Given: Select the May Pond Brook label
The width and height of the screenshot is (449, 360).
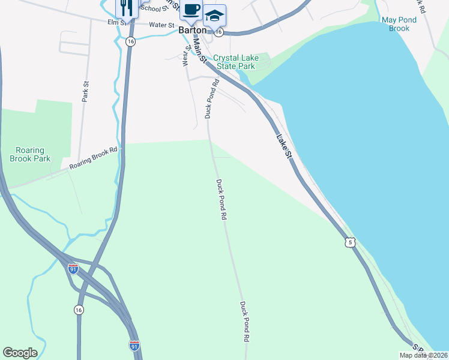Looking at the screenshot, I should click(x=399, y=24).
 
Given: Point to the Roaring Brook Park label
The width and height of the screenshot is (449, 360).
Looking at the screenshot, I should click(x=30, y=154).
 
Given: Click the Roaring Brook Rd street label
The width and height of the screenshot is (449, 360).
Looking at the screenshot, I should click(x=95, y=157).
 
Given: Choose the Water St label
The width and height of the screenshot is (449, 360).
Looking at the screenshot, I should click(x=161, y=26).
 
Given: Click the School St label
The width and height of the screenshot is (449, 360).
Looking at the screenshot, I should click(x=153, y=8).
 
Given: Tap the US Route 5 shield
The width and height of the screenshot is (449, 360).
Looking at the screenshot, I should click(x=351, y=242).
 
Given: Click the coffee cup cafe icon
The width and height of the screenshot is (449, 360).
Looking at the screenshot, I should click(x=191, y=10).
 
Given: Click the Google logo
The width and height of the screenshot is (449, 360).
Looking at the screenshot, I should click(x=20, y=353).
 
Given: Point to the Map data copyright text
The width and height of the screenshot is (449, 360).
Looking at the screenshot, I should click(x=423, y=355).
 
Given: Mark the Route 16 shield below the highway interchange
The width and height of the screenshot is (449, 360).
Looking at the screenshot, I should click(x=79, y=310).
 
